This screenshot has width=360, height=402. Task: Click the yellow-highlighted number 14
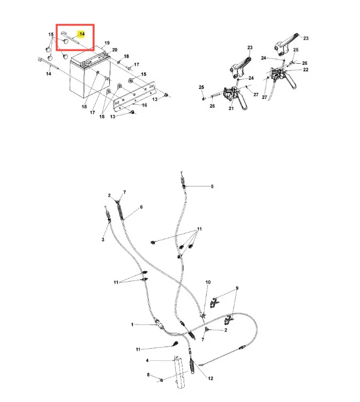(x=82, y=34)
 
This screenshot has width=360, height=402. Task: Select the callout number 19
(x=107, y=43)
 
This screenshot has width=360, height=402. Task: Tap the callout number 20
(x=115, y=49)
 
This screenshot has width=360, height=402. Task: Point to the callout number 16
(x=144, y=105)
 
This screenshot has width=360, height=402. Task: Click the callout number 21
(x=231, y=108)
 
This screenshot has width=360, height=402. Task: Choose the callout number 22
(x=306, y=69)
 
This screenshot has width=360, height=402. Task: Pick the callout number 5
(x=212, y=186)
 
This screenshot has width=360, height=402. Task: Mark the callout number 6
(x=141, y=207)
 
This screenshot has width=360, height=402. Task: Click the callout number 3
(x=103, y=240)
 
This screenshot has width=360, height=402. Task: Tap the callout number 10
(x=208, y=282)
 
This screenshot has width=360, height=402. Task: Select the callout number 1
(x=132, y=324)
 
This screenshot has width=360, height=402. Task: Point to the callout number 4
(x=147, y=360)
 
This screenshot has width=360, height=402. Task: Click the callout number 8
(x=148, y=375)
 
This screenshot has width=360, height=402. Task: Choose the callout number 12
(x=211, y=378)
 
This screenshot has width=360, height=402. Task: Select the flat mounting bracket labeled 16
(x=135, y=96)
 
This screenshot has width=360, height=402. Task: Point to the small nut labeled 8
(x=162, y=380)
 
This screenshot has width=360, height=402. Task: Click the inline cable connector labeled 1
(x=159, y=323)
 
